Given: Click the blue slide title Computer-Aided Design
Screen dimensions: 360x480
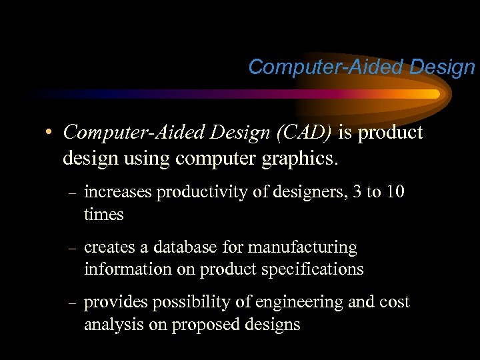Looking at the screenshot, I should [x=361, y=67].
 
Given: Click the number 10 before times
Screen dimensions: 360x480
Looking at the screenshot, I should [x=395, y=192].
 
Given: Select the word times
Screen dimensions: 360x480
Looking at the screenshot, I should [x=104, y=214].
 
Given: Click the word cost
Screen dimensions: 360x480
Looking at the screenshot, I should [x=393, y=303].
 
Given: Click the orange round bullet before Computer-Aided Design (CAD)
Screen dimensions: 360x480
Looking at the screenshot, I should [x=50, y=133].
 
